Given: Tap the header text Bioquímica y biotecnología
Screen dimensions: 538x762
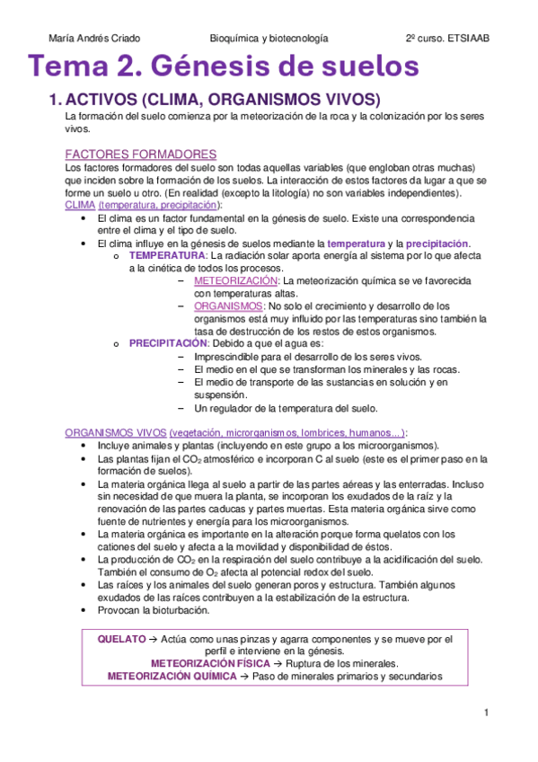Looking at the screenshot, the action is [x=269, y=39].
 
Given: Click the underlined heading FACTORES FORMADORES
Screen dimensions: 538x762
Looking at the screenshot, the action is [x=141, y=155].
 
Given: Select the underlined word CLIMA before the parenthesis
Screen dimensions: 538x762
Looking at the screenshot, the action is [x=80, y=205].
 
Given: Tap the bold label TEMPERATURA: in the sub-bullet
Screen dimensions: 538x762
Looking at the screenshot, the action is [x=167, y=256].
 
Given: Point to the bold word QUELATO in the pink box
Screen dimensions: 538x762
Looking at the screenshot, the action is [x=120, y=639].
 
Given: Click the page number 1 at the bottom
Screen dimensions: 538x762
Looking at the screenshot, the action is [x=486, y=713].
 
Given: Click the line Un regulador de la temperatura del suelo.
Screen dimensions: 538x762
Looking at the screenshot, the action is [x=286, y=407].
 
